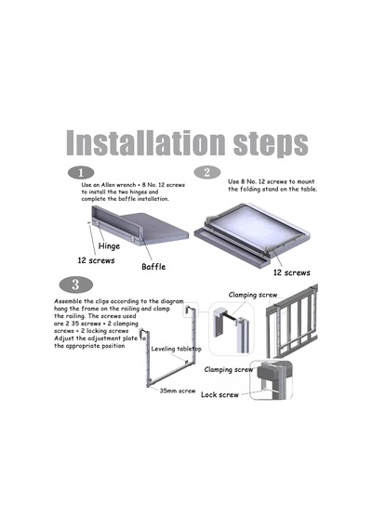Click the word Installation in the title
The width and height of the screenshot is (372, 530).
coord(146,143)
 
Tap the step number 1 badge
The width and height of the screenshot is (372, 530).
coord(81,173)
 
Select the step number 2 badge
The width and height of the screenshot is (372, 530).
coord(207,172)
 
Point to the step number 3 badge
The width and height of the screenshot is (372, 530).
coord(75,285)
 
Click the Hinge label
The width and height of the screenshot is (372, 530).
coord(109,245)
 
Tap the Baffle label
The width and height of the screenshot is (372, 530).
coord(153,267)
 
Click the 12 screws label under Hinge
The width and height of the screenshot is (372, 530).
coord(96,260)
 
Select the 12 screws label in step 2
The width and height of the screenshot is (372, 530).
coord(291,272)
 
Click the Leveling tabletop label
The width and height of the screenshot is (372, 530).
coord(176,349)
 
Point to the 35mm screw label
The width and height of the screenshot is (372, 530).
coord(178,391)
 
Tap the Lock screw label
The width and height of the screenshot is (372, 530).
coord(219,395)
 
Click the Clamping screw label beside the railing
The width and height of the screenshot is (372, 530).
coord(253,295)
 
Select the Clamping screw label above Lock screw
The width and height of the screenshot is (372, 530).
coord(228,370)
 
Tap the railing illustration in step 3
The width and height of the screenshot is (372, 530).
coord(292,321)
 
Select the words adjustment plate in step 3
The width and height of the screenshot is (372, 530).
coord(113,338)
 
